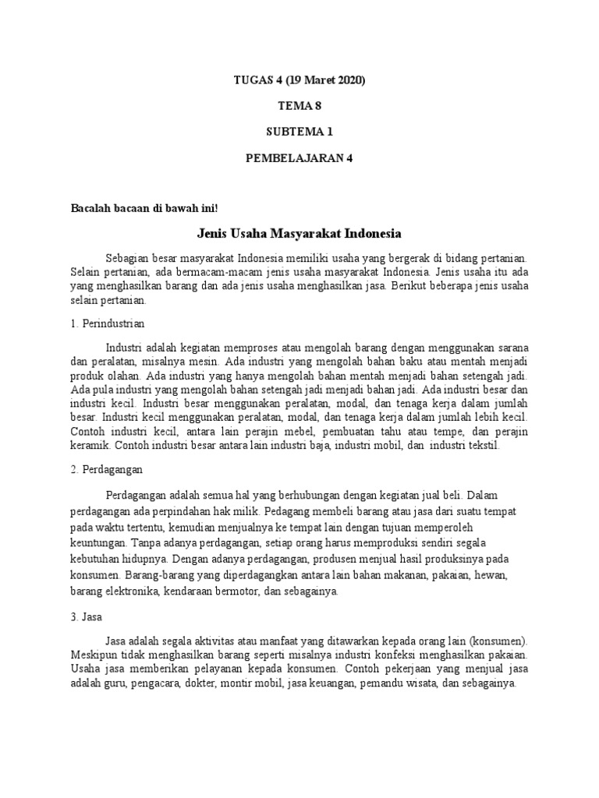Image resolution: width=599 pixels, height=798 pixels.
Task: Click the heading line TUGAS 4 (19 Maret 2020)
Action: pos(300,80)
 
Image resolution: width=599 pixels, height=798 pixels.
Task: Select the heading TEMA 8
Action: pos(300,106)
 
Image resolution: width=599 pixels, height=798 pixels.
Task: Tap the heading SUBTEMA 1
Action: pos(300,132)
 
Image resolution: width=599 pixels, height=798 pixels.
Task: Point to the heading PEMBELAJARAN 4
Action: pos(300,157)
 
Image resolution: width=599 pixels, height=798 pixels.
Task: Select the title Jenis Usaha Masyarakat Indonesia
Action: pos(299,233)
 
